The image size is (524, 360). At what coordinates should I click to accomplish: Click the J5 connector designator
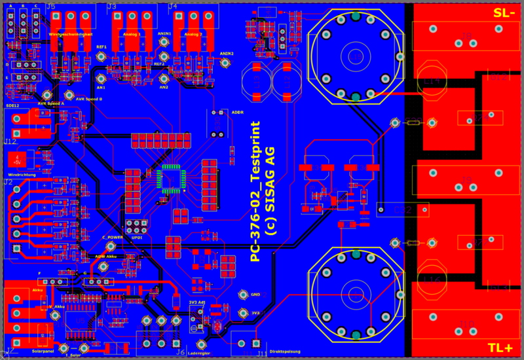(x=51, y=7)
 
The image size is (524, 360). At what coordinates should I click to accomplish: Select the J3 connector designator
(x=112, y=7)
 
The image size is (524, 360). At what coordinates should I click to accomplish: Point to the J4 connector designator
(x=172, y=7)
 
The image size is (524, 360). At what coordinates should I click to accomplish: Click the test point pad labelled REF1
(x=102, y=56)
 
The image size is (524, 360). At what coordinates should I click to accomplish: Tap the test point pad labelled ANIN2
(x=225, y=63)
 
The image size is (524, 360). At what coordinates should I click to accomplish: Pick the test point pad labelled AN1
(x=102, y=77)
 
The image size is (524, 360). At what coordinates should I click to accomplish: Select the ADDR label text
(x=237, y=113)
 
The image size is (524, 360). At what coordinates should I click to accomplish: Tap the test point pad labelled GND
(x=245, y=295)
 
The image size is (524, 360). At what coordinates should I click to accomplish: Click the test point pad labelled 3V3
(x=245, y=314)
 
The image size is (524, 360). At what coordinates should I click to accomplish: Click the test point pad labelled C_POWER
(x=111, y=246)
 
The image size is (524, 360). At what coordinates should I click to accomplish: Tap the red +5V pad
(x=14, y=159)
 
